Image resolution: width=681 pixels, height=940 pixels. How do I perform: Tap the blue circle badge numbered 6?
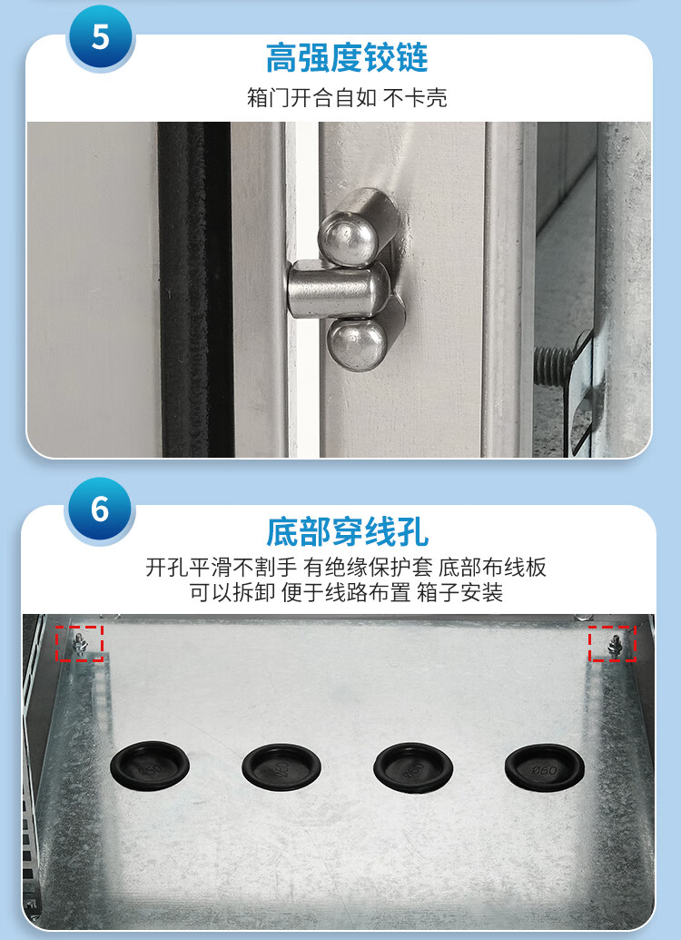click(x=100, y=510)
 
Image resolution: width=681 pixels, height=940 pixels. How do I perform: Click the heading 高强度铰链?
click(x=347, y=58)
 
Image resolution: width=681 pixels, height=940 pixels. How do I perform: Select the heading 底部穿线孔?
click(x=347, y=531)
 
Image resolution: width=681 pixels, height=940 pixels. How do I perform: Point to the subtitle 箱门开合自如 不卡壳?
click(x=347, y=97)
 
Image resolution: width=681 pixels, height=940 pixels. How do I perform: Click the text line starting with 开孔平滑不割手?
click(x=346, y=567)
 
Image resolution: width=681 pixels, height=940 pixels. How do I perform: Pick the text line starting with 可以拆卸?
click(x=346, y=592)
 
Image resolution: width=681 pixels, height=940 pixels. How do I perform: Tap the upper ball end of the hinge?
click(x=349, y=237)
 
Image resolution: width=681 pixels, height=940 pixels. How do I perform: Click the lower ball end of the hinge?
click(x=357, y=344)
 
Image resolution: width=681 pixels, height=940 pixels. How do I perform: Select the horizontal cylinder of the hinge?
click(x=338, y=291)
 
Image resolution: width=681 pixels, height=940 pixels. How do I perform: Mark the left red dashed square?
click(x=80, y=643)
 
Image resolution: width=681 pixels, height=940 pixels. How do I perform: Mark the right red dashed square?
click(x=612, y=643)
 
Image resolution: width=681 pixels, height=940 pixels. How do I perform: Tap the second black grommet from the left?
click(x=281, y=767)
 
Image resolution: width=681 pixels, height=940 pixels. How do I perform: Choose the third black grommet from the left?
click(x=413, y=767)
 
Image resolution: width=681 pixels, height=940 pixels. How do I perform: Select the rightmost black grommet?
click(x=544, y=767)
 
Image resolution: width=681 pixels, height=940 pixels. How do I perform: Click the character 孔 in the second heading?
click(x=412, y=531)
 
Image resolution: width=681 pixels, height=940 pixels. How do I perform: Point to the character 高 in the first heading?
click(x=281, y=58)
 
